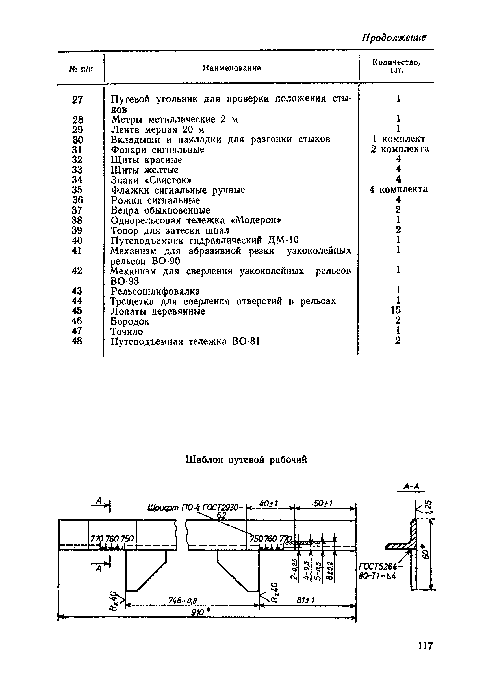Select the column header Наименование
pos(232,68)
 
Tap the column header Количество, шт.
pos(396,66)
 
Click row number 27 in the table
pos(77,100)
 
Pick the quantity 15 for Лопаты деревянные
pos(396,310)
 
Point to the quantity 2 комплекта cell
pos(400,149)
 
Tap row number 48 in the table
pos(77,341)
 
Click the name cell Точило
pos(127,331)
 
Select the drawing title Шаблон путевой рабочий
pos(246,460)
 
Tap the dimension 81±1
pos(305,600)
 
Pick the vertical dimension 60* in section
pos(426,553)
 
